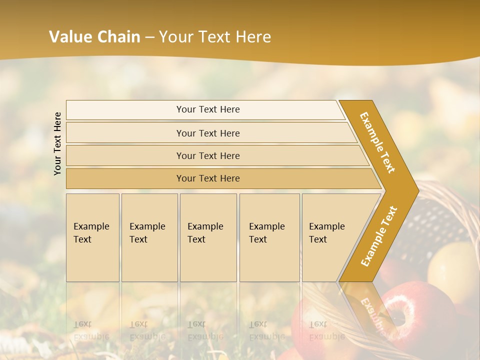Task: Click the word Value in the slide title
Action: pos(70,37)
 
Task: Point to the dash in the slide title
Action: pos(149,37)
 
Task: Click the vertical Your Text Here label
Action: pos(57,143)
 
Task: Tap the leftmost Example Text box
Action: pos(92,237)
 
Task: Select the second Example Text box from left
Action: pos(149,237)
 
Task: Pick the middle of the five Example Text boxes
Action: pos(208,237)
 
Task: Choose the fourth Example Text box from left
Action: pos(269,237)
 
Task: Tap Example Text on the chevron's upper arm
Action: pos(377,142)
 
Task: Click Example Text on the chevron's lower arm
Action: pos(379,236)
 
